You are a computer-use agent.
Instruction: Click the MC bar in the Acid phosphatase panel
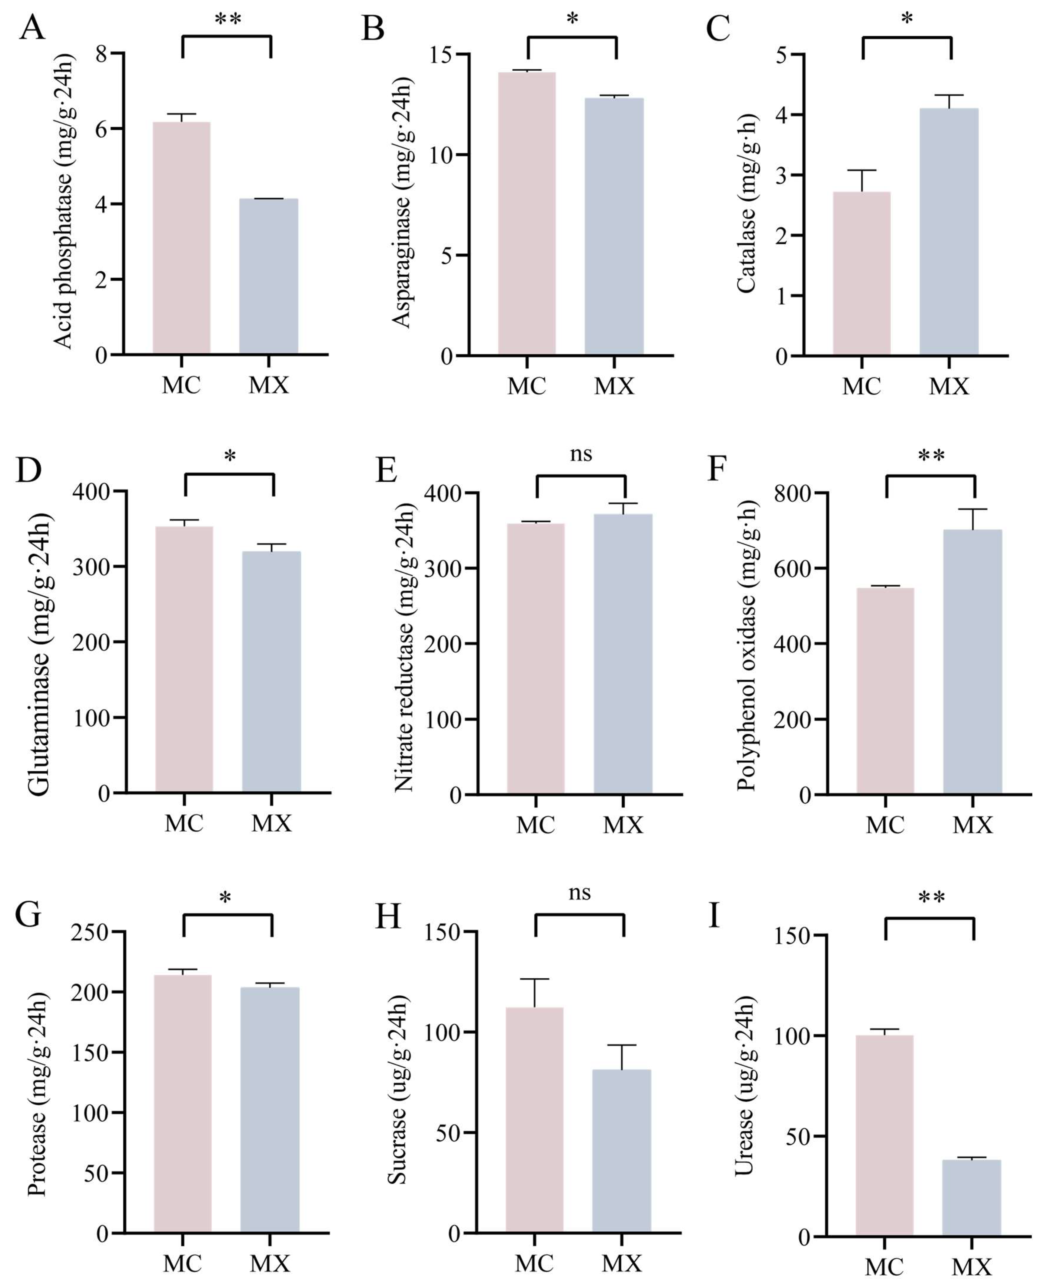pos(182,238)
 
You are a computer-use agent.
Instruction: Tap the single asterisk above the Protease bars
pos(225,897)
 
